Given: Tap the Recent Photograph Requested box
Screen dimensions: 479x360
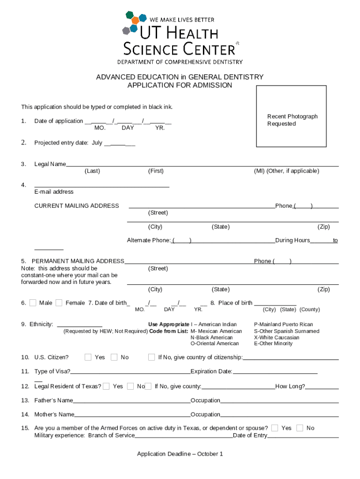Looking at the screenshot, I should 291,116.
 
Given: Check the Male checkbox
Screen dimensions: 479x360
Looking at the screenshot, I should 33,303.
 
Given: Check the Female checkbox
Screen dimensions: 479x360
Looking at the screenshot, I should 59,303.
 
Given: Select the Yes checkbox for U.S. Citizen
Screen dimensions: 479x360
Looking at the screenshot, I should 88,357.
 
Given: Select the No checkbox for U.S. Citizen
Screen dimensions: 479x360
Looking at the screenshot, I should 114,357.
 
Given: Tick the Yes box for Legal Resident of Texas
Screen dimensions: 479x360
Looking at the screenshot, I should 106,386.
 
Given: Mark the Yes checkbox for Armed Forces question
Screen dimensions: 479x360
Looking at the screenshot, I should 274,428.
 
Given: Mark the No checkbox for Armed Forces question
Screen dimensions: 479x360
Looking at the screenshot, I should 300,428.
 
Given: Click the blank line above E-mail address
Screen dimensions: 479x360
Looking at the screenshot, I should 101,186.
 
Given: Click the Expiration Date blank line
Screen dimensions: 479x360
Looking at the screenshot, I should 275,373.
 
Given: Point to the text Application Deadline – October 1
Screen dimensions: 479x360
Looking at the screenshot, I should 180,454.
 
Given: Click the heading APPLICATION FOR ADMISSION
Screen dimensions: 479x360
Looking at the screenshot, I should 180,85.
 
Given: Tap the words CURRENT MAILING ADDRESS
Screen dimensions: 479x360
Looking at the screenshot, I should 77,206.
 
